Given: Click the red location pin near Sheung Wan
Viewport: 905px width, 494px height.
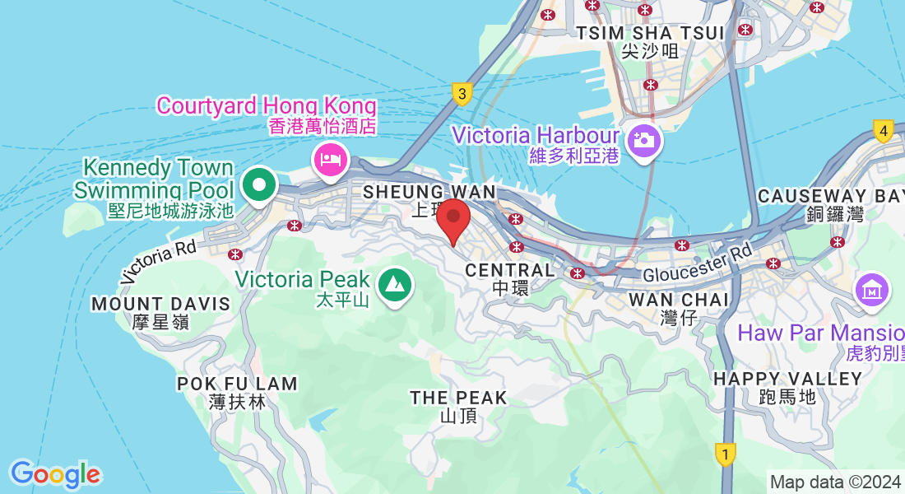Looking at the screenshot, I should tap(453, 221).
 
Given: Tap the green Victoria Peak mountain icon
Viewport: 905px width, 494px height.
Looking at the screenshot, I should tap(395, 286).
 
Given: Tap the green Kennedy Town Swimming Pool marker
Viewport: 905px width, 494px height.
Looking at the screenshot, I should tap(261, 184).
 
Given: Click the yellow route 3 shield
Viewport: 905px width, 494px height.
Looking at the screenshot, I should tap(462, 94).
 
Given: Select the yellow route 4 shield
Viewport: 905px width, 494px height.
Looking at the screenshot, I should tap(884, 131).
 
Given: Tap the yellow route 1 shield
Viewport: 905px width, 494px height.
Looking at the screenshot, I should tap(725, 454).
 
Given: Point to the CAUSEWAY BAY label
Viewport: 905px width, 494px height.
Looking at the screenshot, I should tap(830, 196).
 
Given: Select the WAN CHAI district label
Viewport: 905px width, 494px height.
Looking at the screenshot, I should tap(678, 300).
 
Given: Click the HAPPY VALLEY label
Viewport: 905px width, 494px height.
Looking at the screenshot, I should tap(787, 379).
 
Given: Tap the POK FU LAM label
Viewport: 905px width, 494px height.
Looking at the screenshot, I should tap(237, 384).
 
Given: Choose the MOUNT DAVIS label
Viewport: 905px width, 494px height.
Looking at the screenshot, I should tap(160, 304).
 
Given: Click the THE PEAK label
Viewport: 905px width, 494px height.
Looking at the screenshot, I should tap(458, 398).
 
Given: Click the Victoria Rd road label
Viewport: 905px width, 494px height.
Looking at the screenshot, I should tap(159, 261).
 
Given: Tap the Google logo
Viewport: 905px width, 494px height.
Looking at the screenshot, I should tap(55, 474).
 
